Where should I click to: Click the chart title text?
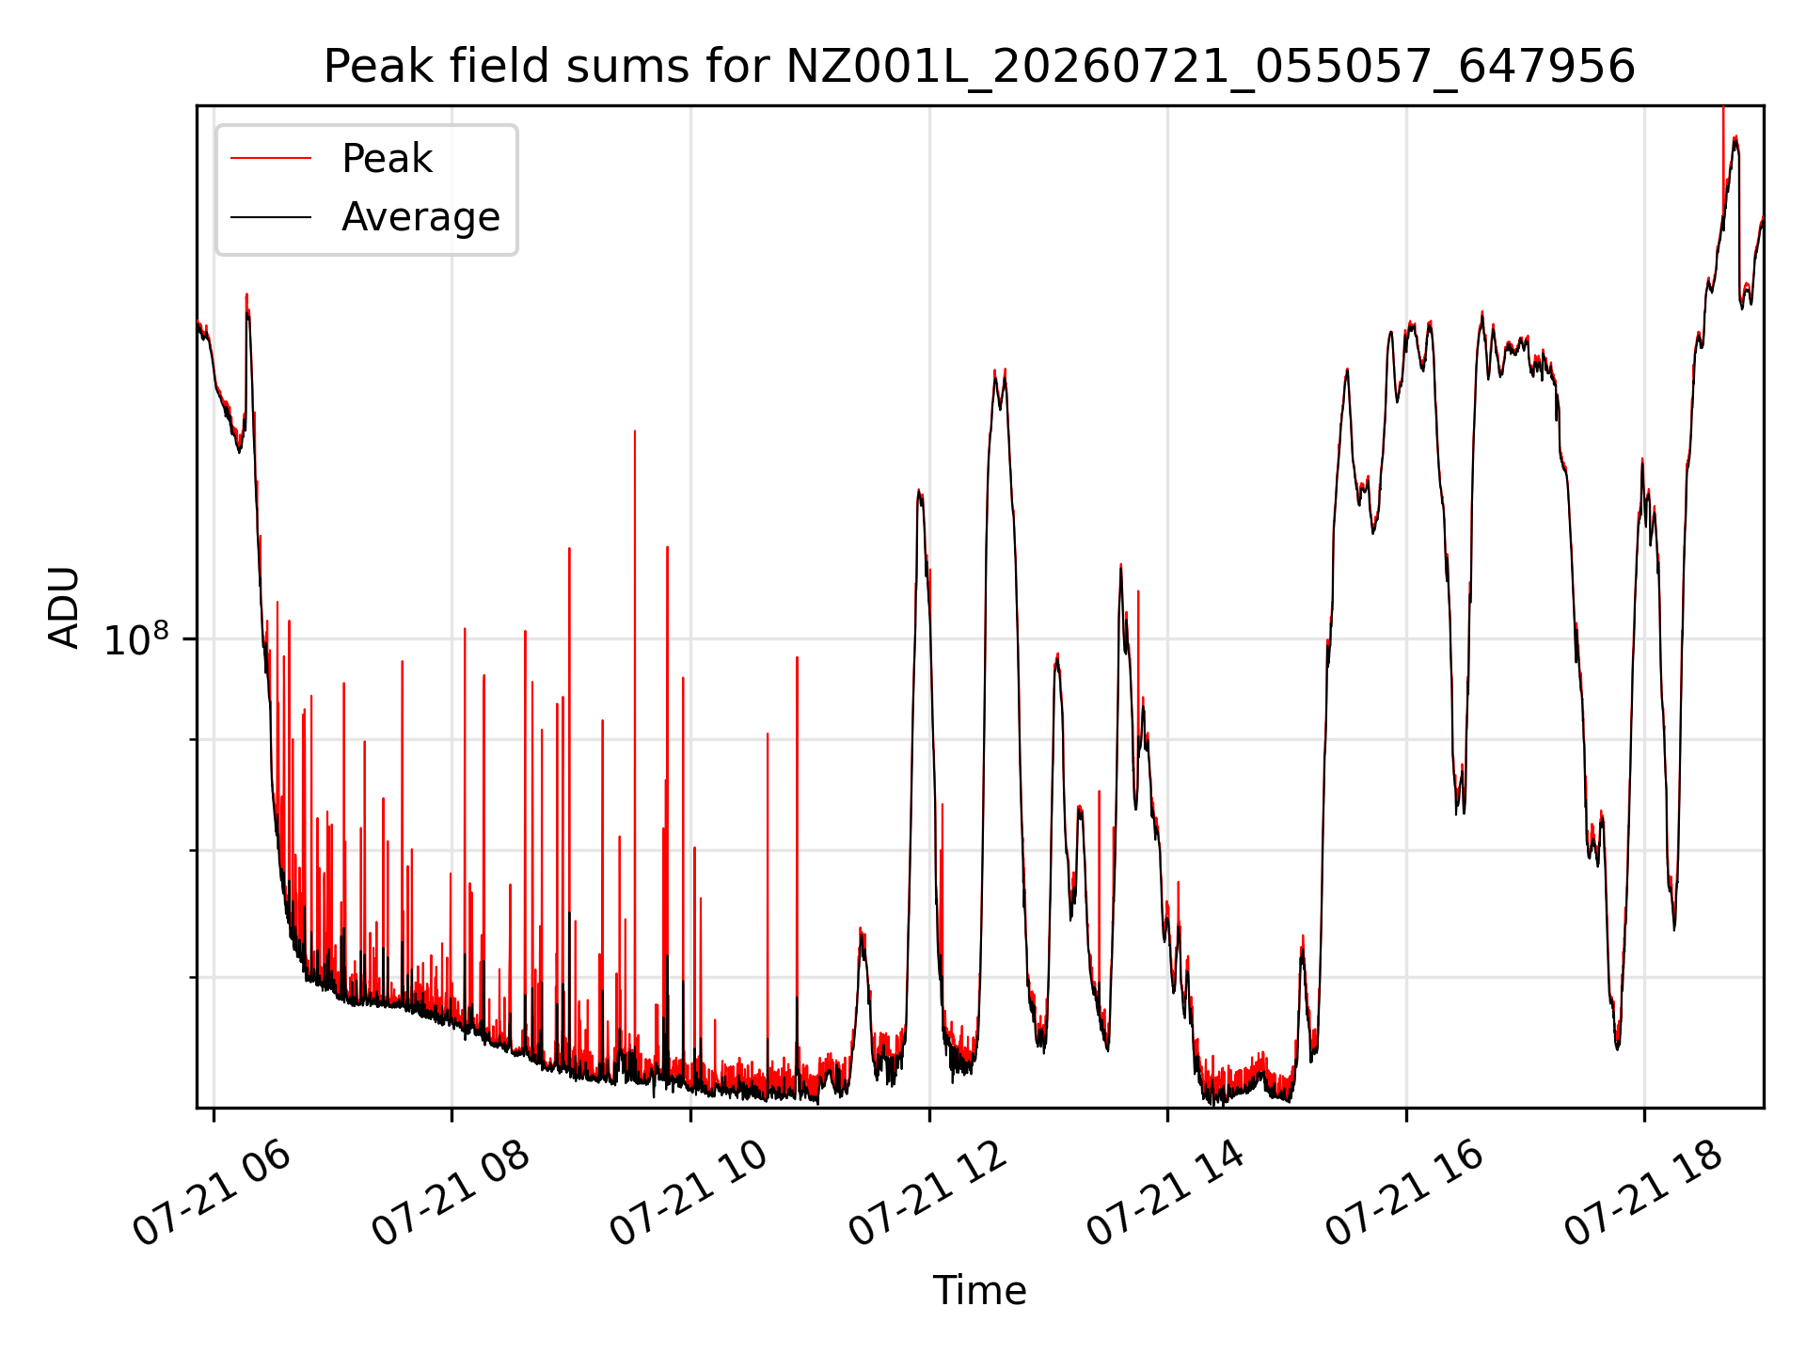979,67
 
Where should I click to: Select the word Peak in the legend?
387,159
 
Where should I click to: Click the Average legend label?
420,217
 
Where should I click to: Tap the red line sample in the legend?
271,159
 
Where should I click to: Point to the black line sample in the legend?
271,217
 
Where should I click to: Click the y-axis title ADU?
64,607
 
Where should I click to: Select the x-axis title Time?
979,1290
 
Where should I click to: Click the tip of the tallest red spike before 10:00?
635,431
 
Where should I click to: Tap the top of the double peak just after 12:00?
995,370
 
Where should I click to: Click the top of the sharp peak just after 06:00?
246,293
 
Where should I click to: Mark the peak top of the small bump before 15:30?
1303,936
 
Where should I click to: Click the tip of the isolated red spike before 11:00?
797,657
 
